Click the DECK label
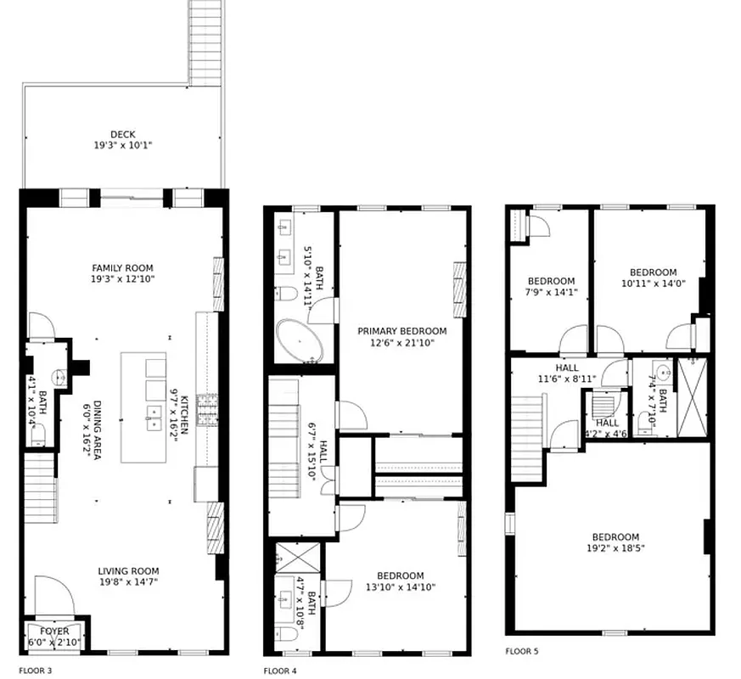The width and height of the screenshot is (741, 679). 122,134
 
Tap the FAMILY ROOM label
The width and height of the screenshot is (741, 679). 122,268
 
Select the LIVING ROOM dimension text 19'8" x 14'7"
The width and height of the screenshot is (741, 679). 128,581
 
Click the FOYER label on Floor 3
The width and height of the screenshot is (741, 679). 54,631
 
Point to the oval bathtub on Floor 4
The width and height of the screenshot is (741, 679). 300,342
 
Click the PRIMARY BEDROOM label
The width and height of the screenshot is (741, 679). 401,331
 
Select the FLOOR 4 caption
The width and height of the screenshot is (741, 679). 280,671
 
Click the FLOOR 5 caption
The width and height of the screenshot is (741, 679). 521,652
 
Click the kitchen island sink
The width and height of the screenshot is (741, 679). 154,417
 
